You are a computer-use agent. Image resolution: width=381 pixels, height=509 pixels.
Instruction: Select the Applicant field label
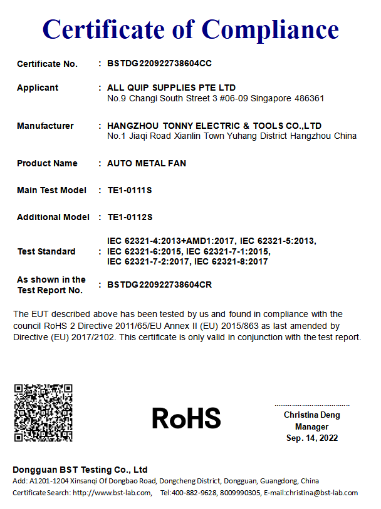(38, 88)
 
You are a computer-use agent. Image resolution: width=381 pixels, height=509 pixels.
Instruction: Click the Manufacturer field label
(45, 126)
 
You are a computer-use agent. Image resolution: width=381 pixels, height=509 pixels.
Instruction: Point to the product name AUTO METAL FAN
(147, 163)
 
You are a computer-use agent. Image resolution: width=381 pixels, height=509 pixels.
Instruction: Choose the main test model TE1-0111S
(130, 190)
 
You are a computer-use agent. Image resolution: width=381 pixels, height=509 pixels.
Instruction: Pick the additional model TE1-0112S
(130, 217)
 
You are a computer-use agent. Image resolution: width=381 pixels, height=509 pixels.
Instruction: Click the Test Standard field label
(46, 251)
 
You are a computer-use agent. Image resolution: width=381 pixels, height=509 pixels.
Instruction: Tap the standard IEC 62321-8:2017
(231, 261)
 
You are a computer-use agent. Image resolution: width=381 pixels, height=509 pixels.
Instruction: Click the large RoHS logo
(186, 418)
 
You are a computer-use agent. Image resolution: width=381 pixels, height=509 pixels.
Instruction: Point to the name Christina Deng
(312, 415)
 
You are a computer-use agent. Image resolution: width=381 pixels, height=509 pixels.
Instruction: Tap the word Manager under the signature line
(312, 426)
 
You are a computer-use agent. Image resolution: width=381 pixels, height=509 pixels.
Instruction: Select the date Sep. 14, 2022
(312, 438)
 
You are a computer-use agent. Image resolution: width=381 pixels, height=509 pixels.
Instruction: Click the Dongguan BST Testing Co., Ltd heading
(80, 470)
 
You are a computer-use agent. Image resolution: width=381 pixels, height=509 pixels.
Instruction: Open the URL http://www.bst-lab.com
(112, 493)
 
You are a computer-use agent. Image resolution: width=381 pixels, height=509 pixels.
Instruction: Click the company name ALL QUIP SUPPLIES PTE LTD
(172, 88)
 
